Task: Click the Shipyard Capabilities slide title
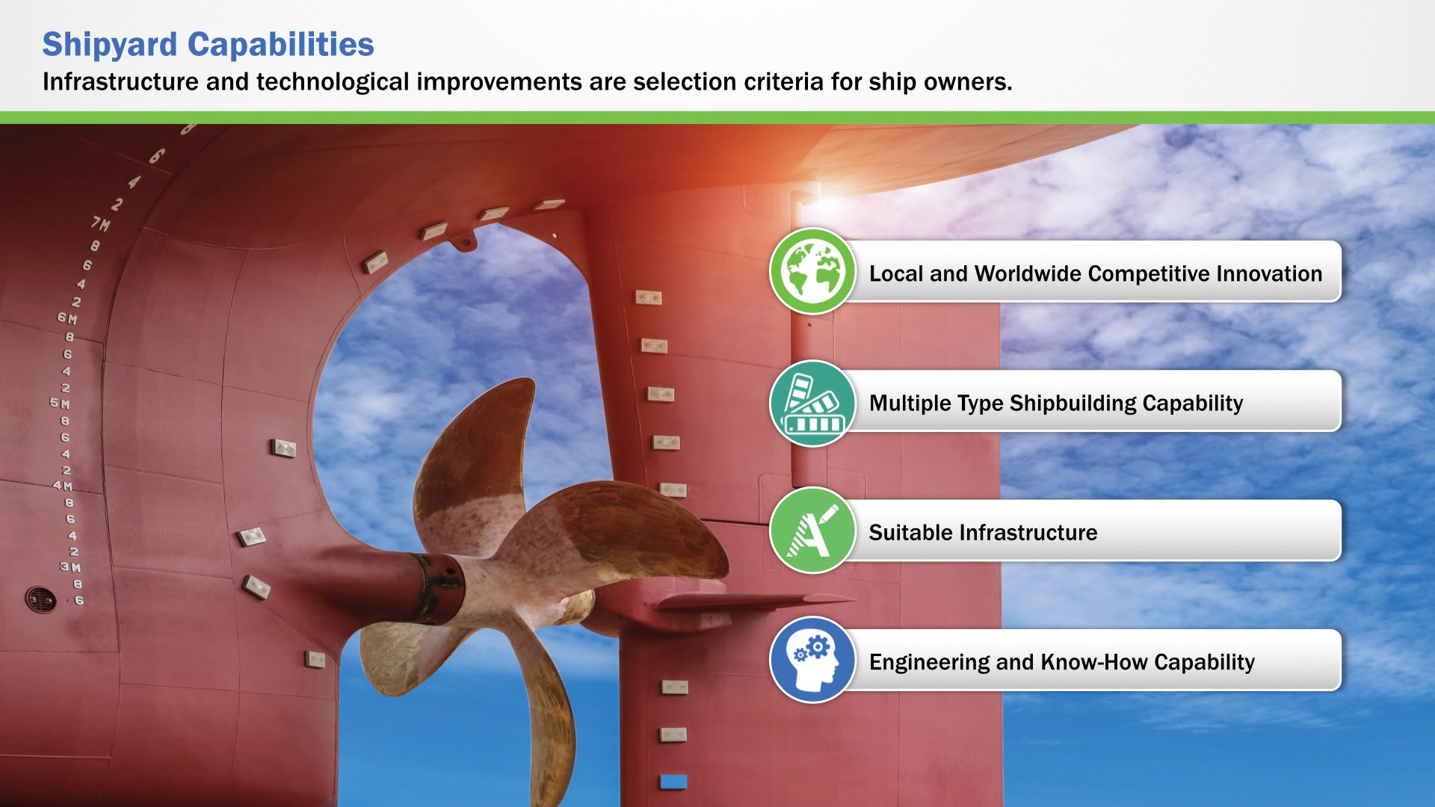pyautogui.click(x=208, y=45)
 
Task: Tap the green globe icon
pyautogui.click(x=812, y=271)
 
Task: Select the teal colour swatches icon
pyautogui.click(x=812, y=403)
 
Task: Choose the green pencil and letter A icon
pyautogui.click(x=812, y=531)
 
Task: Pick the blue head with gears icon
pyautogui.click(x=812, y=660)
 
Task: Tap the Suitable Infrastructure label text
pyautogui.click(x=983, y=533)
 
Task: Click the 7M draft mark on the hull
pyautogui.click(x=100, y=223)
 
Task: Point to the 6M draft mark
pyautogui.click(x=67, y=318)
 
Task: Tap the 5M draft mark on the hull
pyautogui.click(x=60, y=403)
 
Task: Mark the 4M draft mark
pyautogui.click(x=63, y=486)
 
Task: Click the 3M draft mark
pyautogui.click(x=71, y=567)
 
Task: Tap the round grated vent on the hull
pyautogui.click(x=40, y=599)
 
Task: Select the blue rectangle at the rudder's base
pyautogui.click(x=673, y=782)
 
